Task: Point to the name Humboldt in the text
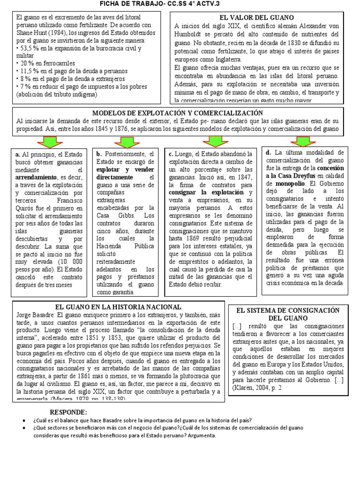[x=190, y=34]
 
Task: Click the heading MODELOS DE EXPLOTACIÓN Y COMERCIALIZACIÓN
[x=178, y=113]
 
